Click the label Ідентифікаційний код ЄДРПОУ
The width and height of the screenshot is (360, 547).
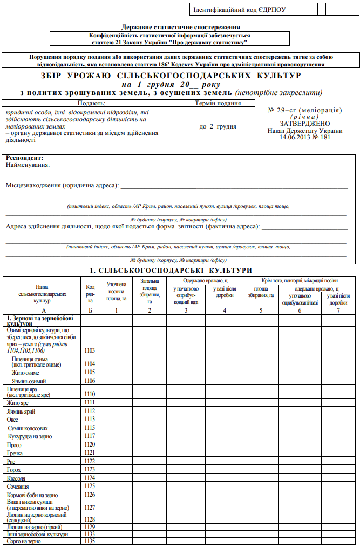tap(239, 10)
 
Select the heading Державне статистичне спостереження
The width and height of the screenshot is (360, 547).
tap(181, 26)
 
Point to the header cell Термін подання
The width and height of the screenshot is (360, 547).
tap(217, 103)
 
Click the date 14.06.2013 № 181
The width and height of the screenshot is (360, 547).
tap(304, 137)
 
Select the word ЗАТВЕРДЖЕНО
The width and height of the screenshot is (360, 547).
tap(304, 123)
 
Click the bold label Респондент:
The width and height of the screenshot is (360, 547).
tap(24, 158)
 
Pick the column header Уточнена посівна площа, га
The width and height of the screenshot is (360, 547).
tap(117, 291)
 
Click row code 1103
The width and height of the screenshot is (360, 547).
tap(90, 350)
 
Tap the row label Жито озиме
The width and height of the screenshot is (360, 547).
tap(26, 372)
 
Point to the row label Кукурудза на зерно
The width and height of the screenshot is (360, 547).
tap(30, 436)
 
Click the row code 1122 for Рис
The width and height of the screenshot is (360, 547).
tap(90, 461)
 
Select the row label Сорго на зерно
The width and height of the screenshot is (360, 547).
tap(24, 541)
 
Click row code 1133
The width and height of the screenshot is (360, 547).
tap(90, 534)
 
